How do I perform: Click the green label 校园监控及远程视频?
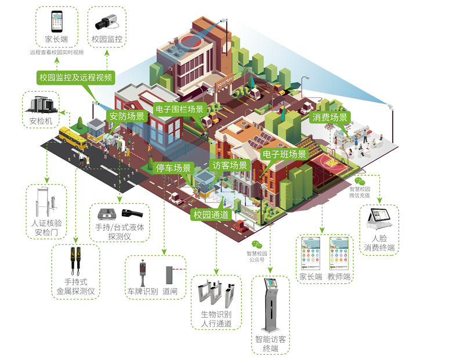pyautogui.click(x=75, y=77)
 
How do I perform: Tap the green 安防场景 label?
pyautogui.click(x=126, y=115)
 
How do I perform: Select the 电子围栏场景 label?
pyautogui.click(x=179, y=109)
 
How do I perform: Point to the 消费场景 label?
pyautogui.click(x=330, y=118)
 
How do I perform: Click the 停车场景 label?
pyautogui.click(x=174, y=168)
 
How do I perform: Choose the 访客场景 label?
pyautogui.click(x=229, y=165)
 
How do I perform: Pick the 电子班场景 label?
pyautogui.click(x=284, y=154)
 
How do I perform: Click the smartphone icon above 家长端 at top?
pyautogui.click(x=57, y=21)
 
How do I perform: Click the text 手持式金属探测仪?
pyautogui.click(x=75, y=287)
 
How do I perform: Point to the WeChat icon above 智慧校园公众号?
pyautogui.click(x=257, y=244)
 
